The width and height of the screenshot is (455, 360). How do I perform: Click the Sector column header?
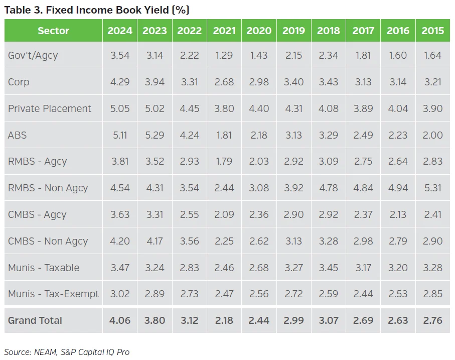tap(53, 31)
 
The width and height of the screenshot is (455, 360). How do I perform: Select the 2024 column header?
tap(120, 31)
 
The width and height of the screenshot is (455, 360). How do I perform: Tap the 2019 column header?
tap(293, 31)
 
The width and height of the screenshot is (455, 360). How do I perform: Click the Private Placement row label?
tap(50, 108)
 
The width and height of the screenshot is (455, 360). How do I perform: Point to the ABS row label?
tap(17, 135)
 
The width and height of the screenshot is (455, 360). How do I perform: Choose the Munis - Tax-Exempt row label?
tap(53, 294)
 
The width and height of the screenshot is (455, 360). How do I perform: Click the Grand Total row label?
tap(35, 320)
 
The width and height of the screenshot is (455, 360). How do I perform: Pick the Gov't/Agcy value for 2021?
tap(224, 55)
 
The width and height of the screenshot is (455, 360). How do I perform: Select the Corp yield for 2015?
tap(432, 82)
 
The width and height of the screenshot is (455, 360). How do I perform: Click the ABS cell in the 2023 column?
tap(155, 135)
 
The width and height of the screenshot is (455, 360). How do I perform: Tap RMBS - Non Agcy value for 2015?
tap(432, 188)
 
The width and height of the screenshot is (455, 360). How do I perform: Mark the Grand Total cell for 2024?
tap(120, 320)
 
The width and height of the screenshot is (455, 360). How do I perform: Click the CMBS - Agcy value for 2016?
tap(397, 214)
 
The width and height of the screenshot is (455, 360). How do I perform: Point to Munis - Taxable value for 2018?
tap(328, 268)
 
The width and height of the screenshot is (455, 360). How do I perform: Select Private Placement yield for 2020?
tap(259, 108)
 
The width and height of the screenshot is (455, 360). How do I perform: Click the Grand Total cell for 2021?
tap(224, 320)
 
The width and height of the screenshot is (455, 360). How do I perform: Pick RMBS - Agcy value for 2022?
tap(189, 161)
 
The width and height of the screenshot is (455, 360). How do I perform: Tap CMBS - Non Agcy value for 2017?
tap(363, 241)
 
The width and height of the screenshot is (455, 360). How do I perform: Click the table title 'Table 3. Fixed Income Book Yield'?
tap(97, 10)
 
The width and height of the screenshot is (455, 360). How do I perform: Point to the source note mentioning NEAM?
tap(67, 352)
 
